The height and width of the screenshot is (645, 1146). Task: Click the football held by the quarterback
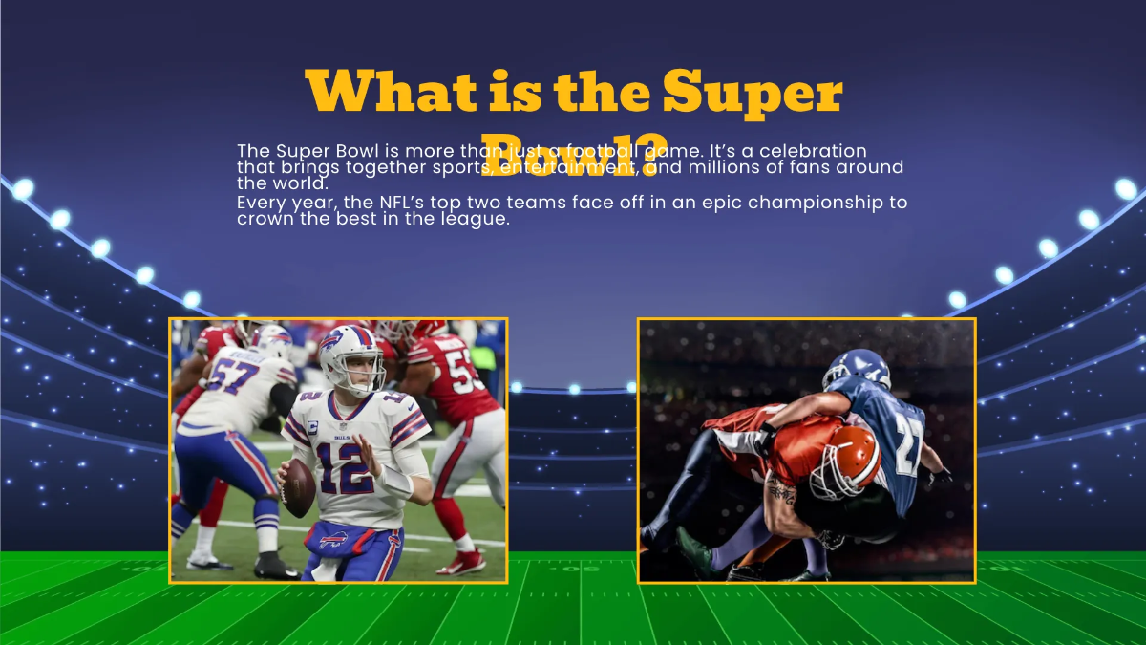298,485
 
